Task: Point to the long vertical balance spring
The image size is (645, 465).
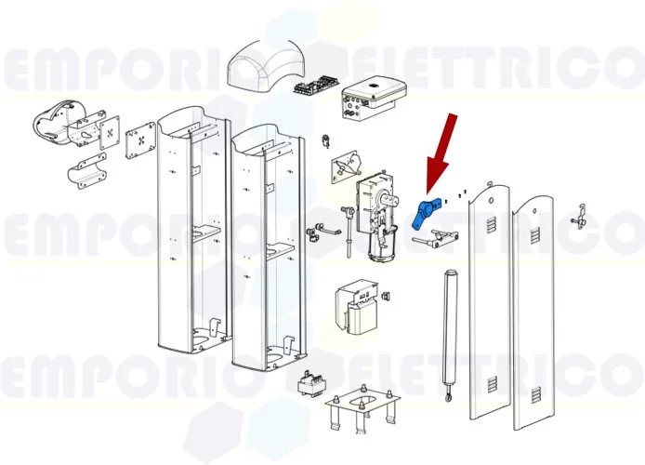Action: point(453,325)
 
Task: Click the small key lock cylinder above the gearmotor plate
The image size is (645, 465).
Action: point(326,141)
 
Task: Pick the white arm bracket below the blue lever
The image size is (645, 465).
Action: point(431,241)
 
